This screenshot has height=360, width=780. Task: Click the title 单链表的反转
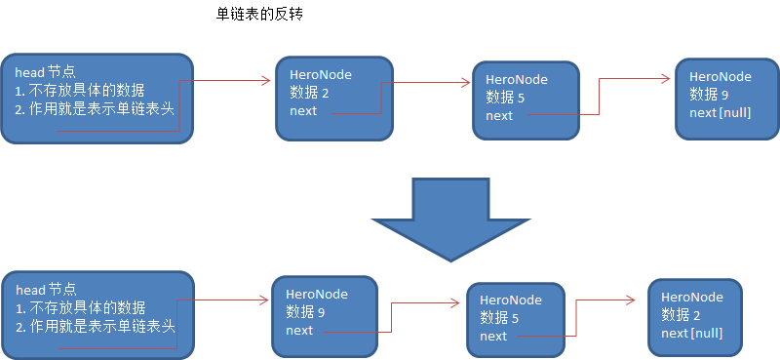261,17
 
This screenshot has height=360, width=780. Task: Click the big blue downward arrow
449,218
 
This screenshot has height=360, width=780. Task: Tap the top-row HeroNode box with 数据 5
526,100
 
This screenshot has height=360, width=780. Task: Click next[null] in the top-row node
720,112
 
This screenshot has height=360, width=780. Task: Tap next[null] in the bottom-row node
692,333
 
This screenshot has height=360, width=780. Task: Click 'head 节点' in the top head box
45,73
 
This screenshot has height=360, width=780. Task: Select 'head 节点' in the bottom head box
45,291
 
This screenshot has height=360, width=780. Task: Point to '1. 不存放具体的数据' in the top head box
80,91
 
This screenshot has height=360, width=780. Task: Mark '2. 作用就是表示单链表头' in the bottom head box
95,326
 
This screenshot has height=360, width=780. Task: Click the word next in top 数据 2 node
303,110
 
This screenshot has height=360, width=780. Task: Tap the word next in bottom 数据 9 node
299,330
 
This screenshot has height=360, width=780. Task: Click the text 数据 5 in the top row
505,99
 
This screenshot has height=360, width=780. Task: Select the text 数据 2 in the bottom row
681,315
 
